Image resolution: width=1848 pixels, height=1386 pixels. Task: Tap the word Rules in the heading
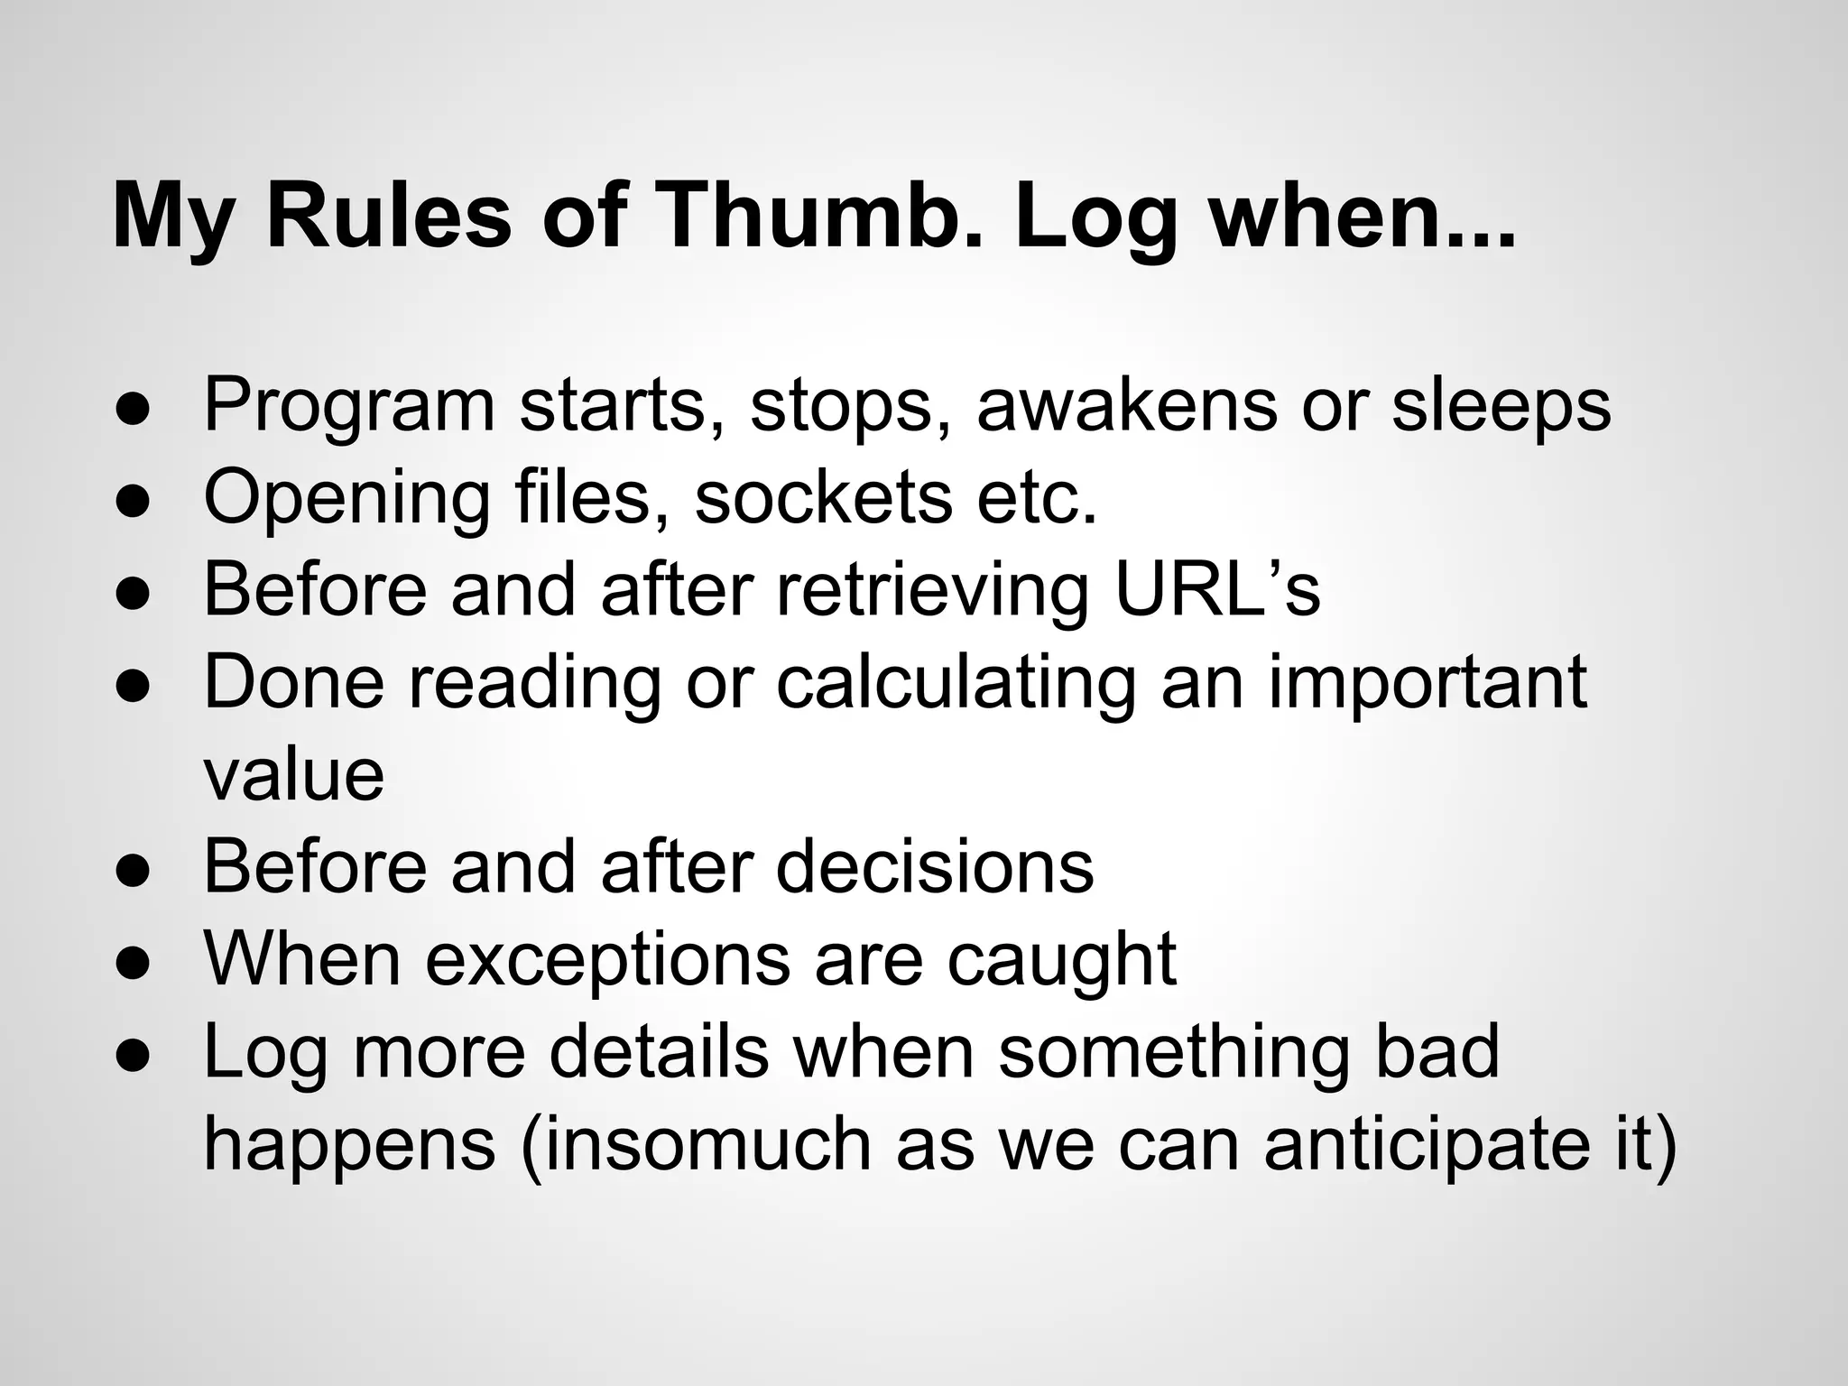point(389,217)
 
